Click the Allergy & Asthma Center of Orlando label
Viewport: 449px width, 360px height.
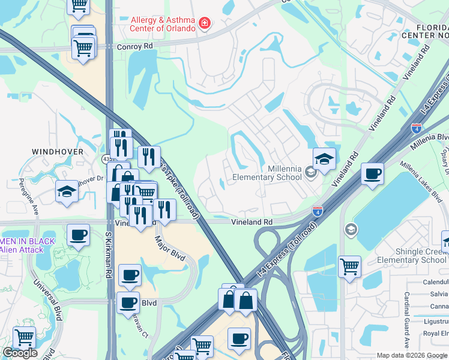pyautogui.click(x=163, y=24)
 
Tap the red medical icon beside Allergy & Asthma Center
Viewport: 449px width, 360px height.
pyautogui.click(x=205, y=24)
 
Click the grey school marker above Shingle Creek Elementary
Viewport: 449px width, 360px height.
pyautogui.click(x=350, y=229)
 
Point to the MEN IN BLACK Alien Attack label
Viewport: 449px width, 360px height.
pyautogui.click(x=27, y=245)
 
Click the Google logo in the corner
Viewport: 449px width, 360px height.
pyautogui.click(x=20, y=353)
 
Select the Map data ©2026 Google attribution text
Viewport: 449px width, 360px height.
pyautogui.click(x=412, y=355)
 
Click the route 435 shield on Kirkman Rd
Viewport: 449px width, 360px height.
pyautogui.click(x=106, y=159)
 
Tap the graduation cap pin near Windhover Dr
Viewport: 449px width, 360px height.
pyautogui.click(x=67, y=191)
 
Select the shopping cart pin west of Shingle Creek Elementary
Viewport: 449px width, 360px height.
pyautogui.click(x=349, y=265)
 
